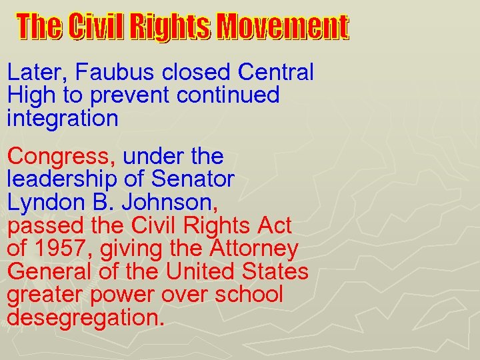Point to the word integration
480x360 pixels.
tap(63, 119)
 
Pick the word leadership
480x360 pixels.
tap(62, 179)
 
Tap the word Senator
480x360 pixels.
tap(193, 179)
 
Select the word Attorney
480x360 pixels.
tap(254, 249)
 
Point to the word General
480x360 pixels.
tap(48, 272)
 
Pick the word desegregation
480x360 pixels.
tap(85, 317)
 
